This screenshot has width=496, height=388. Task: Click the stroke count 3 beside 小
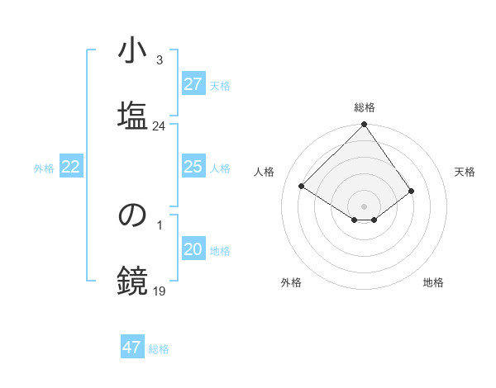click(159, 59)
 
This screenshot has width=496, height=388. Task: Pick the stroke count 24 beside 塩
click(159, 126)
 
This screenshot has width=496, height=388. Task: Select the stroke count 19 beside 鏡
click(159, 291)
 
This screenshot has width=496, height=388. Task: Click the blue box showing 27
click(193, 84)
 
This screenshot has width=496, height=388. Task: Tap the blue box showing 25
click(193, 167)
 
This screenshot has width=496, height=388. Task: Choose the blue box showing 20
click(193, 249)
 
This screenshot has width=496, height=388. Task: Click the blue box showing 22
click(71, 167)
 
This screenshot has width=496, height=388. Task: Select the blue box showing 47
click(132, 348)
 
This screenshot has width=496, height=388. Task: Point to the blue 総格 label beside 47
click(160, 349)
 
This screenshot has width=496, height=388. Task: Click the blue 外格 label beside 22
click(44, 168)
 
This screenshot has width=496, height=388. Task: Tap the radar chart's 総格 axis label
click(365, 107)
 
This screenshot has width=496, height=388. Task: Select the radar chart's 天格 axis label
click(465, 172)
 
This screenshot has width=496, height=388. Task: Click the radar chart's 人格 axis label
click(265, 172)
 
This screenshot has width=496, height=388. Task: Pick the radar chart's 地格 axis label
click(433, 282)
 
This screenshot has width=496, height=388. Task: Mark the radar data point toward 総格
click(364, 125)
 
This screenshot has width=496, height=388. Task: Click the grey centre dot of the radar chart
click(364, 206)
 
